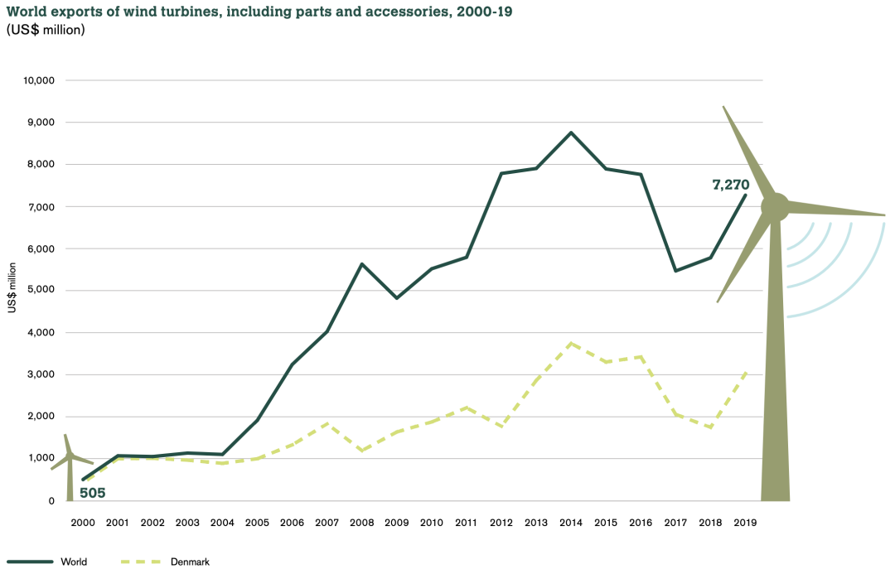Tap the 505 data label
[92, 494]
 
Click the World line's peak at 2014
[571, 133]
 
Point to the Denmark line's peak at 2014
[571, 343]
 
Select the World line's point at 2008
[362, 263]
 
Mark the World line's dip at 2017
[676, 271]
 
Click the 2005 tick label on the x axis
[257, 523]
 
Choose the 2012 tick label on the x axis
[501, 523]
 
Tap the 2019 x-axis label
[746, 523]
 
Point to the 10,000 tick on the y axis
[39, 80]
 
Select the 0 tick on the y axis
[51, 501]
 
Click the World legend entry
[73, 562]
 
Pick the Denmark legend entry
[190, 562]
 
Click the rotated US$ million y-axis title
[12, 287]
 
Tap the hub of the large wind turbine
[776, 207]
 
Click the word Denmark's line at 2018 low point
[711, 427]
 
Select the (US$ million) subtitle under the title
[46, 30]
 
